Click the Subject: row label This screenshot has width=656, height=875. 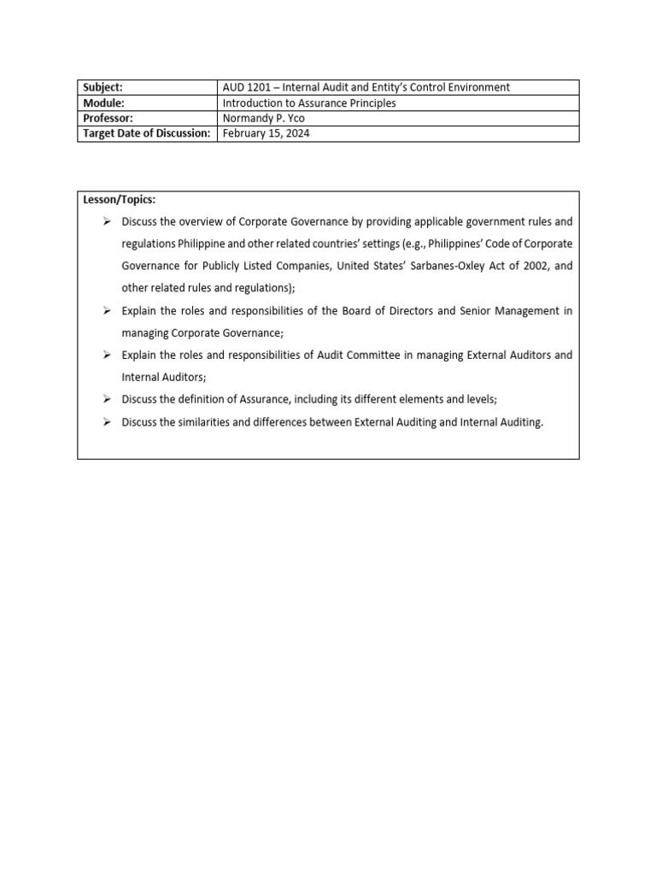pos(102,87)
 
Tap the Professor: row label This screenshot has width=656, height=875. pos(108,118)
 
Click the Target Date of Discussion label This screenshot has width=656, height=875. pos(146,133)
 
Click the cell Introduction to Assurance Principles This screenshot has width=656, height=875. pos(309,103)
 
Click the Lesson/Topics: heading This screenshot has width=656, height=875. pos(120,199)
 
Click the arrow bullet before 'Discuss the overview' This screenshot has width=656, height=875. pos(107,221)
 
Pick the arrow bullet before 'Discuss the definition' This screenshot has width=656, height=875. pos(107,399)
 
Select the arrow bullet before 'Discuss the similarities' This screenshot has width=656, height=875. pos(107,422)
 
